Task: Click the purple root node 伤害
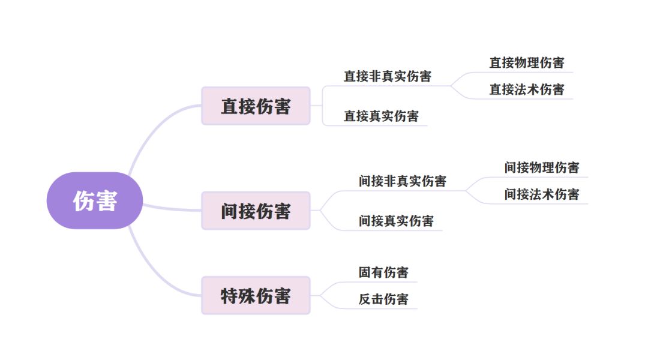(95, 200)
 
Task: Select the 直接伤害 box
(256, 106)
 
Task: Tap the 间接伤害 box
(256, 211)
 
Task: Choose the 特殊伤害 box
(256, 296)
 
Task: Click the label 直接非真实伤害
(387, 77)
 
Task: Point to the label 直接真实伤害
(381, 116)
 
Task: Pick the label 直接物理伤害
(526, 62)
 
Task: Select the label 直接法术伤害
(526, 89)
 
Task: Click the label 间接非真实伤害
(402, 181)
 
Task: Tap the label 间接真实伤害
(396, 221)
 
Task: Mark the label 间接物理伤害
(541, 167)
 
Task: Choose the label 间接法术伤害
(541, 194)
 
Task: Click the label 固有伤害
(383, 272)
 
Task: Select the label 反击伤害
(383, 299)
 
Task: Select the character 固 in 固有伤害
(365, 272)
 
